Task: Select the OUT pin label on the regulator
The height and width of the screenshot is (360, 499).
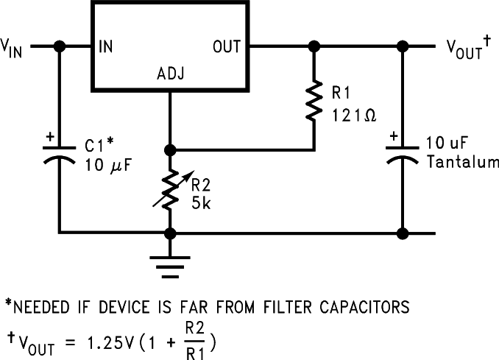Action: tap(227, 46)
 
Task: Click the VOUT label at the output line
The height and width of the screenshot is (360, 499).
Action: tap(464, 49)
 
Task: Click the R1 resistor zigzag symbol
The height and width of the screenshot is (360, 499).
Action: tap(314, 101)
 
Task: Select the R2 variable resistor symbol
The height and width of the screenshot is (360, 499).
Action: tap(170, 188)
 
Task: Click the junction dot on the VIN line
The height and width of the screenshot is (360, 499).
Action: tap(60, 46)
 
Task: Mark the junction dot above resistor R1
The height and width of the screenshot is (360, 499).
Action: tap(314, 46)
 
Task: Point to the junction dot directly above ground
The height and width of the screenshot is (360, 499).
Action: tap(170, 234)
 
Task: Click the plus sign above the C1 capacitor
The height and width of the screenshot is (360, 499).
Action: tap(49, 137)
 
